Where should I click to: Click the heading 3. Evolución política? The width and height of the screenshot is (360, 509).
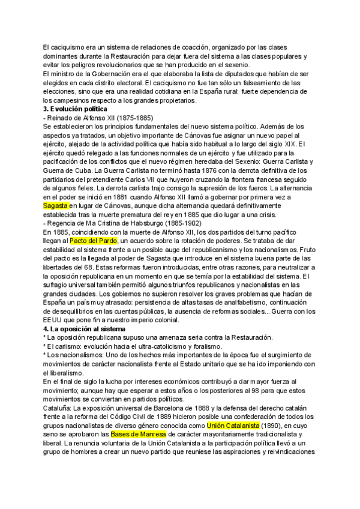tap(75, 109)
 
